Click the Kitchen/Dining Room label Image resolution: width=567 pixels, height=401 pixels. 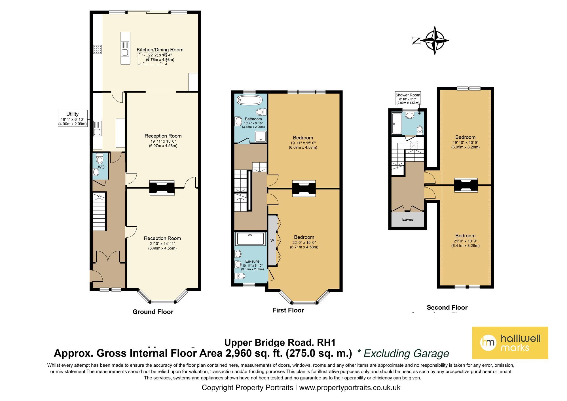(160, 50)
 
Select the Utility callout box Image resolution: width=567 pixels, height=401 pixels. (73, 119)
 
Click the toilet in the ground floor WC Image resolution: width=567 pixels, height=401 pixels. (100, 159)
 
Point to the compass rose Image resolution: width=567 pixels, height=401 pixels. (434, 41)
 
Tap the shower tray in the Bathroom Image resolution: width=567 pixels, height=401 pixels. (261, 136)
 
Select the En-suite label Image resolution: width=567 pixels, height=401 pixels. (252, 261)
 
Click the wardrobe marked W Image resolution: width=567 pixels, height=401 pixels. (272, 240)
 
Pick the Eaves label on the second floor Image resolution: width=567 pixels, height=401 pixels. (407, 220)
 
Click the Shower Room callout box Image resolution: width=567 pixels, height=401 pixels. (408, 98)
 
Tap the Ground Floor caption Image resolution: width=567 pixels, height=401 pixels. (153, 312)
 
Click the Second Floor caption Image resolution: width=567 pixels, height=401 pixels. (447, 307)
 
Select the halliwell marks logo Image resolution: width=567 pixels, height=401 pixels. (510, 343)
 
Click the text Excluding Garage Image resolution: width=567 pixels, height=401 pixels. (406, 354)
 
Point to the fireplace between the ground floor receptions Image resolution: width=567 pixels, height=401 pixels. (162, 188)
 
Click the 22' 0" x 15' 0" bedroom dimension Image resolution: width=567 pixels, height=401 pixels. (304, 242)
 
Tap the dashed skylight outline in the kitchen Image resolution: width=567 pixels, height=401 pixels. (152, 59)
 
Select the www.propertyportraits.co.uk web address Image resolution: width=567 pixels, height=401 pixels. (350, 388)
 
